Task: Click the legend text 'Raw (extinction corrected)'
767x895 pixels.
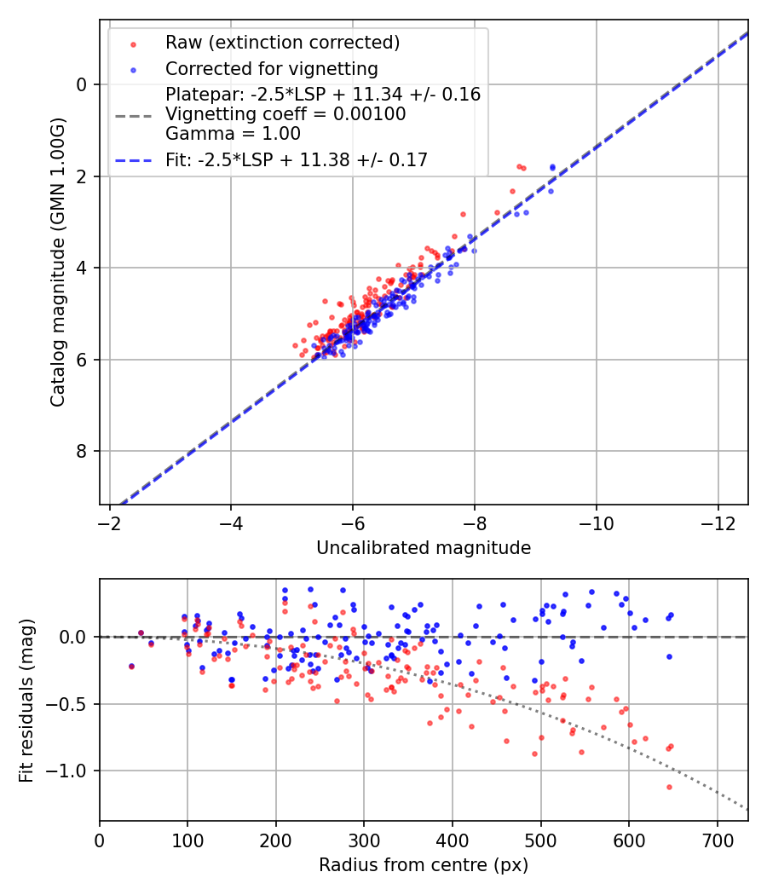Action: (271, 43)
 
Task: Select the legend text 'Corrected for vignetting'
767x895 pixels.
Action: (271, 68)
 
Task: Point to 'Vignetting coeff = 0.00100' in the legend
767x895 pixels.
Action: (285, 113)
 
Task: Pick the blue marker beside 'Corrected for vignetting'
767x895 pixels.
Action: (132, 69)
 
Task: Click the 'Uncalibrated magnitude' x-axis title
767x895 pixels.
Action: (424, 548)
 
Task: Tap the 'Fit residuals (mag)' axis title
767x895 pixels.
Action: (26, 701)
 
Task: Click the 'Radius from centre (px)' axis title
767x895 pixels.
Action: (424, 865)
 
